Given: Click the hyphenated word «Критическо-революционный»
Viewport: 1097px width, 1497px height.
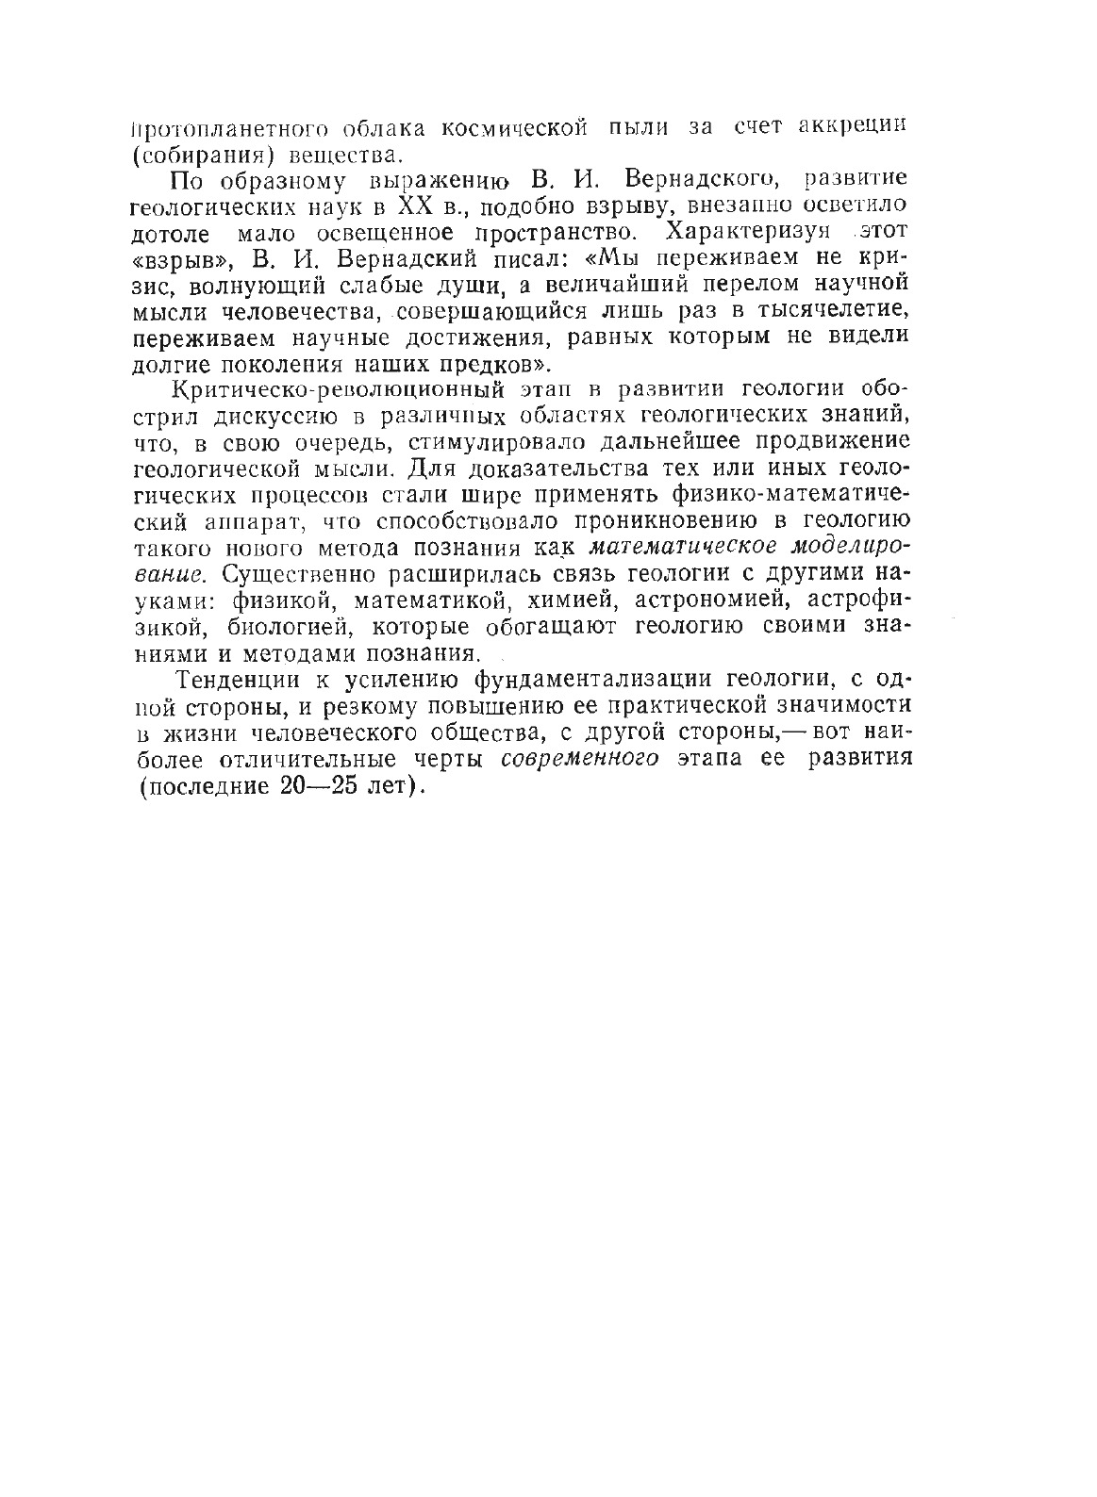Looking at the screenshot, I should pyautogui.click(x=319, y=389).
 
